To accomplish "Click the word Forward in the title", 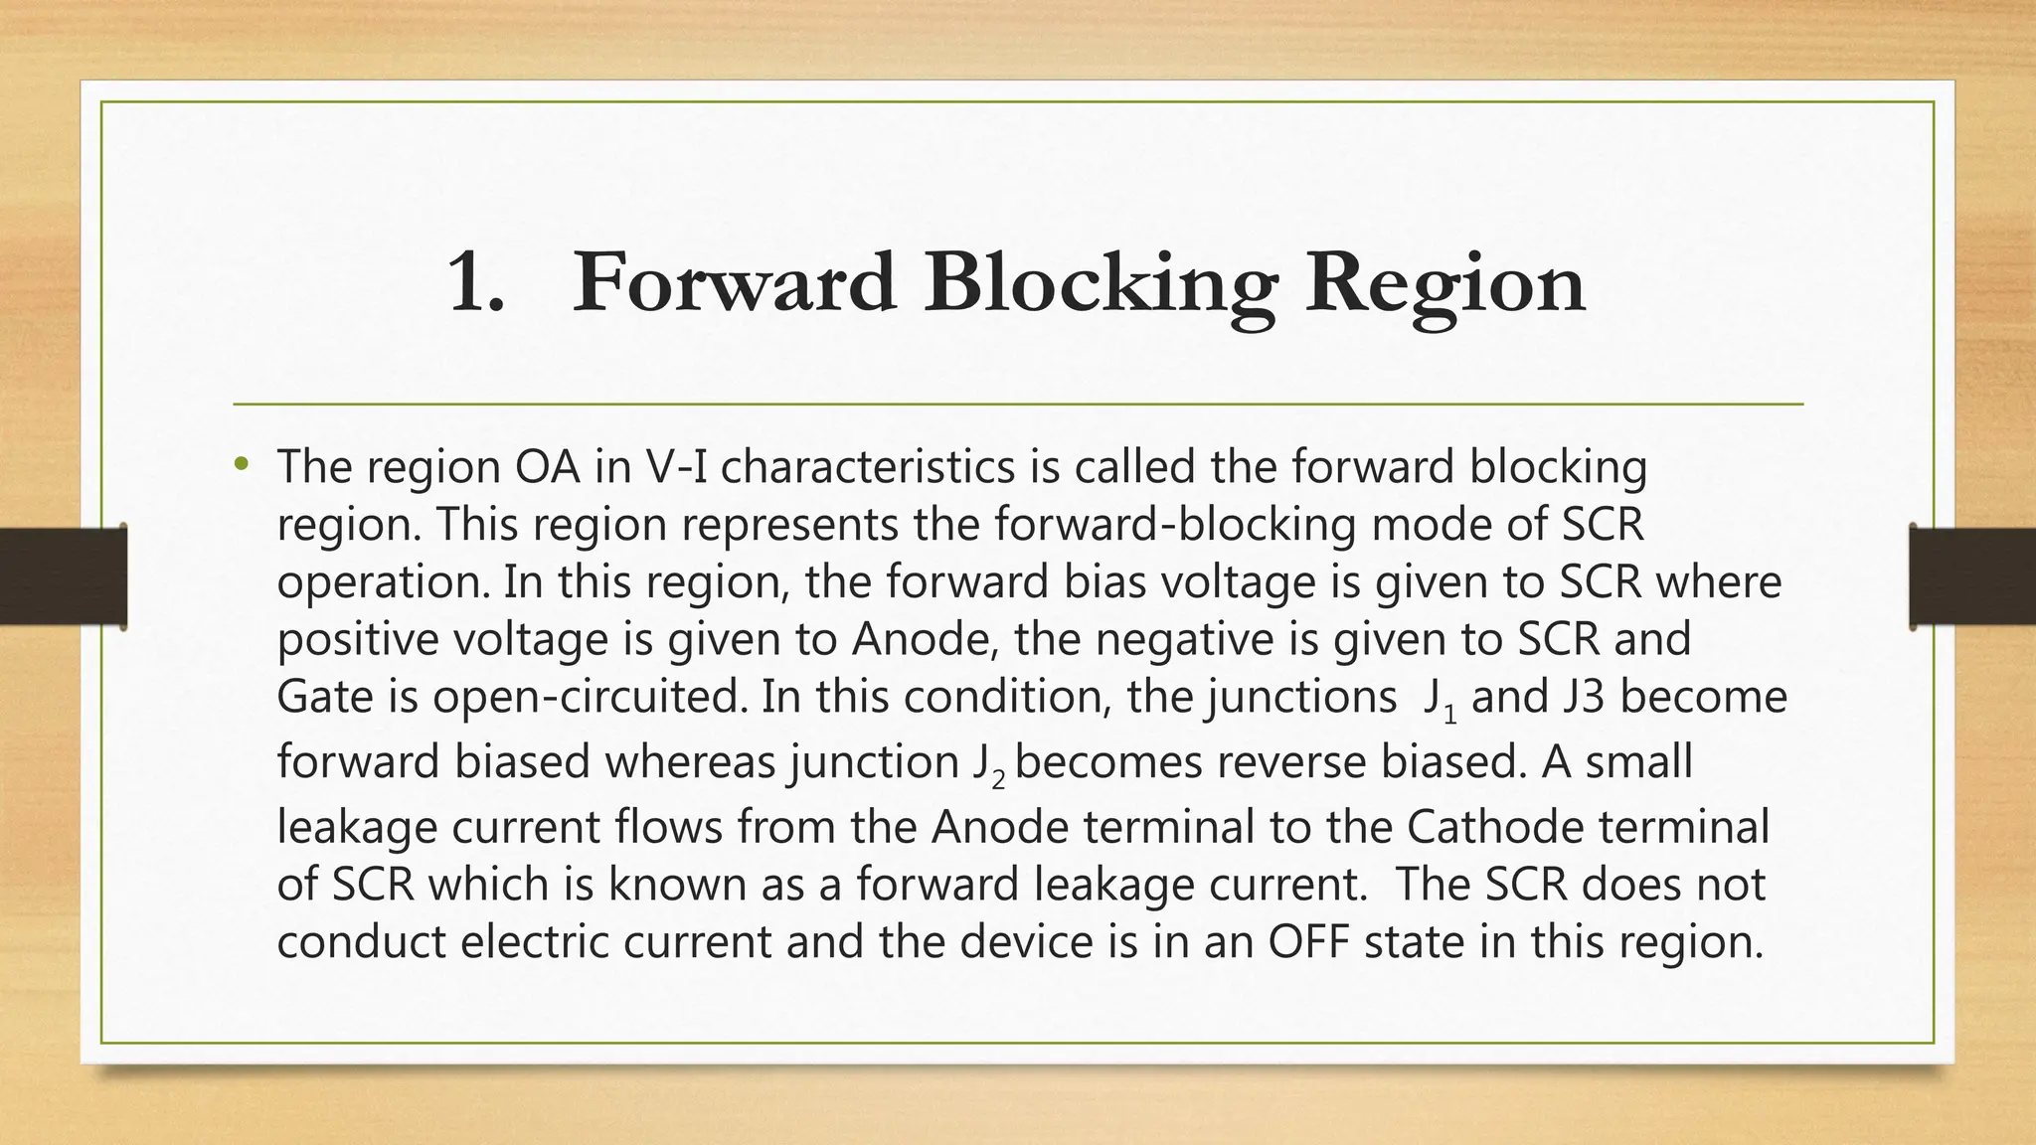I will pos(735,283).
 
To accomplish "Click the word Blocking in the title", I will pos(1099,283).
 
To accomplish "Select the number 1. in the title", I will pos(476,283).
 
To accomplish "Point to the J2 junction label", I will pos(988,765).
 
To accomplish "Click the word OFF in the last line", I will pos(1309,941).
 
